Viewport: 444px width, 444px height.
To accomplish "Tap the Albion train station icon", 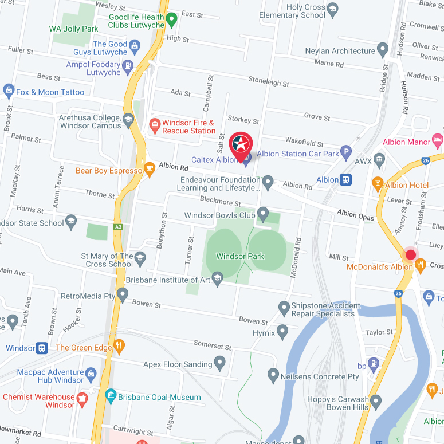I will click(345, 180).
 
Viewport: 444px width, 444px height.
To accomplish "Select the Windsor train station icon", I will click(42, 348).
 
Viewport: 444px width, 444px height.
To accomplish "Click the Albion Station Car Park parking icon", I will click(346, 152).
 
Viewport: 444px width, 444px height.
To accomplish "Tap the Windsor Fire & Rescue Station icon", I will click(154, 124).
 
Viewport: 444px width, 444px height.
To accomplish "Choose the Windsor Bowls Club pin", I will click(263, 214).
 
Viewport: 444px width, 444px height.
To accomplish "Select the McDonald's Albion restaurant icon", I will click(421, 265).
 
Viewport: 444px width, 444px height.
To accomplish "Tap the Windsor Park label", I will click(240, 256).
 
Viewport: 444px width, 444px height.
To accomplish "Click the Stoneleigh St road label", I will click(268, 82).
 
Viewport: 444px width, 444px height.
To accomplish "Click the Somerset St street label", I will click(212, 347).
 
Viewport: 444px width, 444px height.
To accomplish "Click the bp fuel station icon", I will click(374, 363).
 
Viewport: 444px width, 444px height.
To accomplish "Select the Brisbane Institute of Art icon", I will click(217, 279).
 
